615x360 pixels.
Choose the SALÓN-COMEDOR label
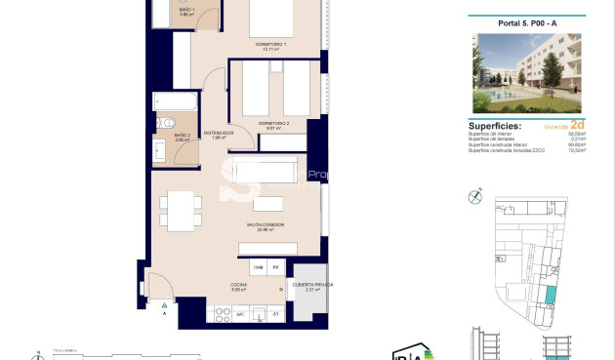click(265, 226)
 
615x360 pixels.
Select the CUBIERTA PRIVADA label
click(312, 285)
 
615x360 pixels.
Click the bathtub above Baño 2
click(176, 102)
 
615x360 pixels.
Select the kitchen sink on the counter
click(260, 313)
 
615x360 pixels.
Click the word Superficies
click(495, 126)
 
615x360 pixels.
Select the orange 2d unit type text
click(577, 126)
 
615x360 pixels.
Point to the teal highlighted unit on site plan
click(551, 293)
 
